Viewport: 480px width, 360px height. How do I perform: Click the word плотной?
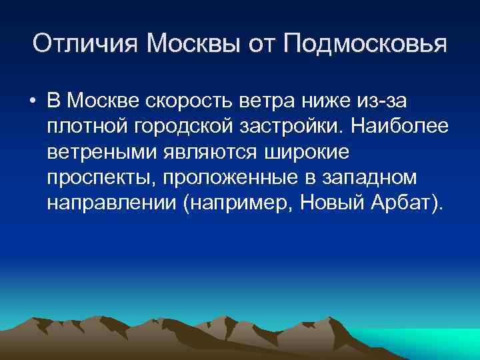[x=84, y=127]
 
